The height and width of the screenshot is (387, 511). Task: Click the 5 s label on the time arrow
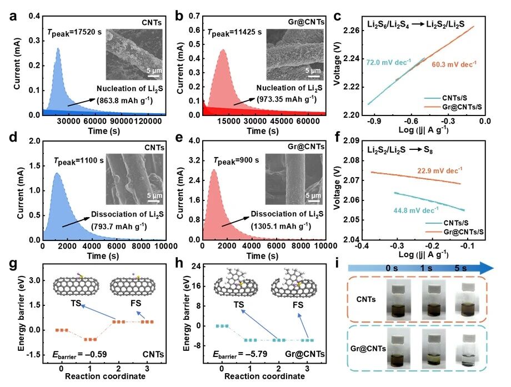click(x=466, y=268)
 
